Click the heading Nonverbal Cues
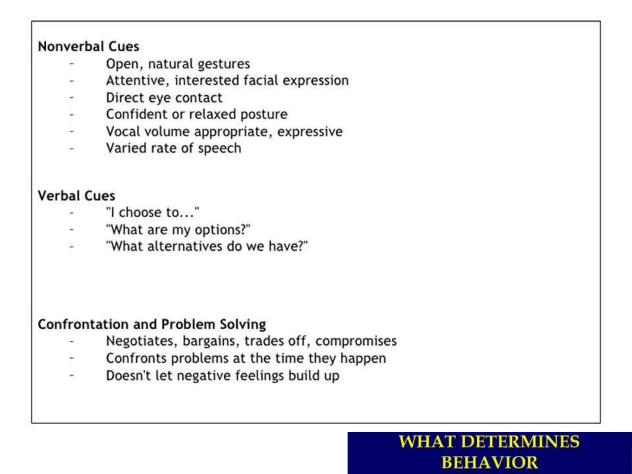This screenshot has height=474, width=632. point(89,47)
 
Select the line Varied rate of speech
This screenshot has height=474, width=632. point(174,148)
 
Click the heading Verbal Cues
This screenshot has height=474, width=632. point(77,196)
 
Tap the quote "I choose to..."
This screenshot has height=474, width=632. point(153,213)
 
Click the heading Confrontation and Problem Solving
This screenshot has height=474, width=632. point(152,325)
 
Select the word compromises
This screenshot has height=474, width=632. point(356,341)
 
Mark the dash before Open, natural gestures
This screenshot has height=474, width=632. point(72,64)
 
